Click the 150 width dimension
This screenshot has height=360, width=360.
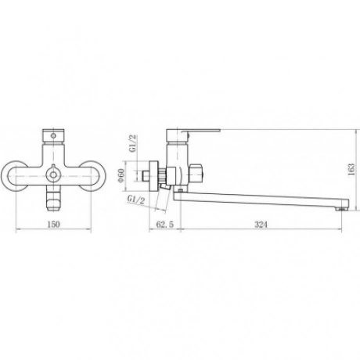click(x=54, y=224)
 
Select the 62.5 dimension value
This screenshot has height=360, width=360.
click(x=164, y=224)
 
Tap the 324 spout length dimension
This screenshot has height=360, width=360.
click(x=261, y=224)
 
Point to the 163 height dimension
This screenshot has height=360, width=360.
click(x=351, y=169)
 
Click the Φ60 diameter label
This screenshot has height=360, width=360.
click(x=121, y=175)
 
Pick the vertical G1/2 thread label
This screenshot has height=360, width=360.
click(x=133, y=143)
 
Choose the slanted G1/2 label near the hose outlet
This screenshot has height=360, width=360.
click(x=136, y=200)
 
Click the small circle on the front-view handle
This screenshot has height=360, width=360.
click(x=53, y=135)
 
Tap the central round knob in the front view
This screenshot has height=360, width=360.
click(x=53, y=175)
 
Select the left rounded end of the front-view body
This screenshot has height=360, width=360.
click(x=13, y=176)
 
